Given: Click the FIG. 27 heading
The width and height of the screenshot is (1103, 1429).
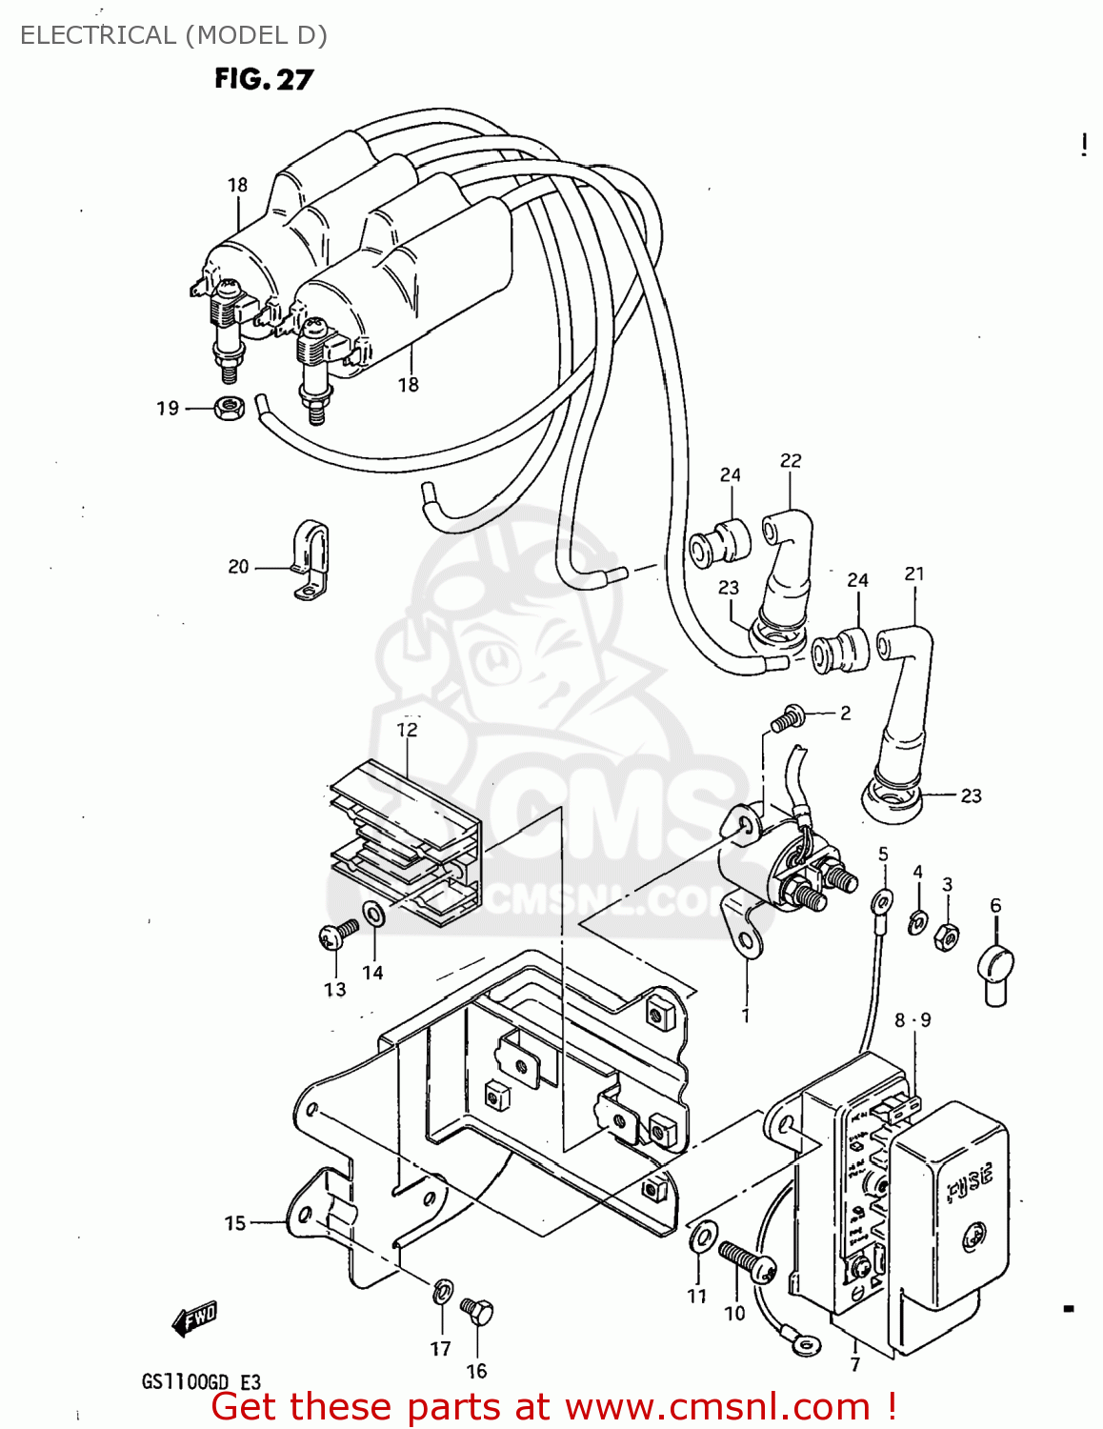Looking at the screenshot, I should pos(263,79).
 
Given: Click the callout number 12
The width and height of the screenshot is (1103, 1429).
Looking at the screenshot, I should pos(407,730).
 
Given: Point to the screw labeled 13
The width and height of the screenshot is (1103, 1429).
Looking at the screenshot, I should pos(338,935).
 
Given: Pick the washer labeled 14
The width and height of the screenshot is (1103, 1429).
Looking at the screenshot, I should pos(374,915).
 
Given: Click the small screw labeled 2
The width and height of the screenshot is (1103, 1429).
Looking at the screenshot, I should pos(787,717).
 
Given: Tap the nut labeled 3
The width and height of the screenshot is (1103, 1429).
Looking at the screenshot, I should pos(946,936).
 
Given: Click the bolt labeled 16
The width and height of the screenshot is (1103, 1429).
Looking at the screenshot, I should pos(477,1314).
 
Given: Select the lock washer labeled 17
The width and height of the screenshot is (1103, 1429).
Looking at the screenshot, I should pos(442,1293).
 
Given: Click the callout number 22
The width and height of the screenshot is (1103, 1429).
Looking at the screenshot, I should pos(791,461).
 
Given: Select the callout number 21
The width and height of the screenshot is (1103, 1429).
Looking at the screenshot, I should pos(914,574).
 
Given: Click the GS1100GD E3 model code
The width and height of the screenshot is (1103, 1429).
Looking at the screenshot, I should pos(201,1382).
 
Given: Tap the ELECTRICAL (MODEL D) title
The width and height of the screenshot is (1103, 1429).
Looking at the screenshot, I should pos(173,35).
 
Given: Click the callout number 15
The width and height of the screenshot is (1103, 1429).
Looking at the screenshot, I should pos(235,1223).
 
